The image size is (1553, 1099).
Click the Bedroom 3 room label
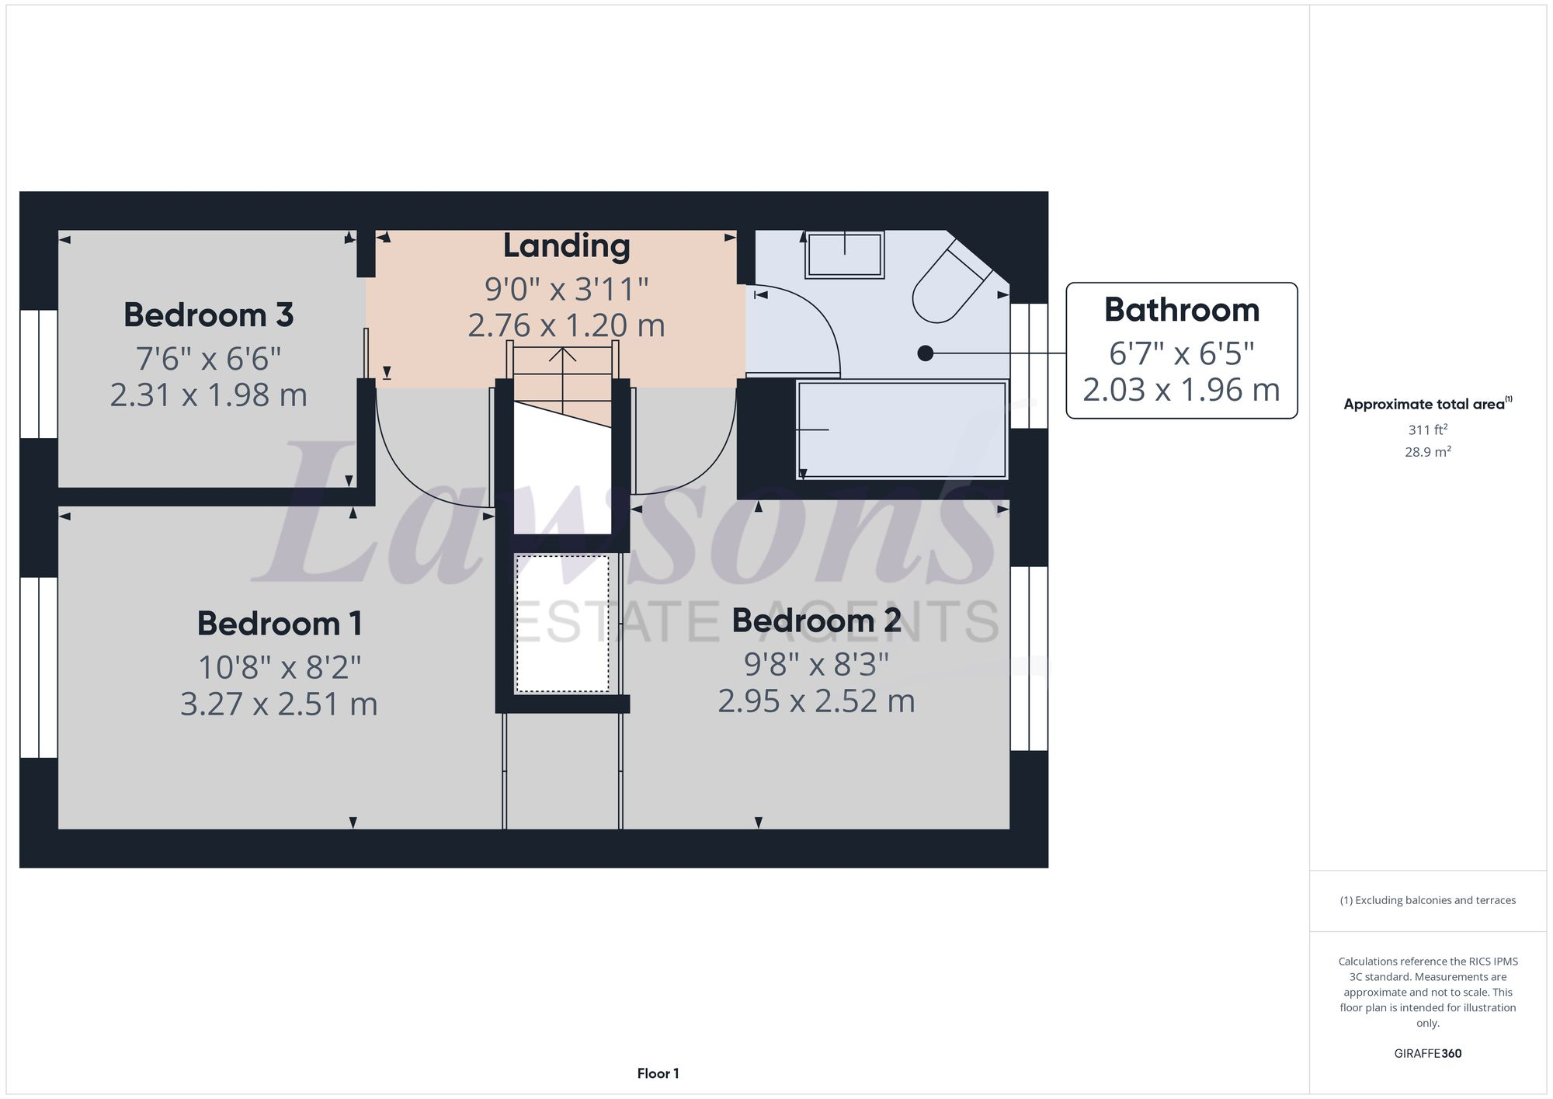click(x=208, y=315)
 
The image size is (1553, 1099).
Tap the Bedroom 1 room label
click(x=279, y=624)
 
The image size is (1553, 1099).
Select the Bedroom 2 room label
click(x=816, y=621)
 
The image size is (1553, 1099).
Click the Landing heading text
click(x=566, y=246)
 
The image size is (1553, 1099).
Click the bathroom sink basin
click(x=845, y=254)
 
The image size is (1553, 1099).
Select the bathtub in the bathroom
click(x=902, y=429)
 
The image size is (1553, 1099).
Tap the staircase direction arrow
click(x=562, y=356)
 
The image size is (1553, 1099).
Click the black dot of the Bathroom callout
click(x=925, y=353)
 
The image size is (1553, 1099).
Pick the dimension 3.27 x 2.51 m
click(x=279, y=704)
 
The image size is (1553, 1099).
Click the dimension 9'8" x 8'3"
click(x=816, y=665)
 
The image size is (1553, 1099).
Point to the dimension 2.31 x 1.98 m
click(x=208, y=395)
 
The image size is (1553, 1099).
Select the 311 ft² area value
click(x=1427, y=430)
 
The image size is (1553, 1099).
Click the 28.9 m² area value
click(x=1427, y=452)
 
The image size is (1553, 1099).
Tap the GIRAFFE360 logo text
click(x=1427, y=1054)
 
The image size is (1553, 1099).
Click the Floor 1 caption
click(x=658, y=1074)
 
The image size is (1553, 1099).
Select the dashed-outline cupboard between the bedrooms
click(x=562, y=623)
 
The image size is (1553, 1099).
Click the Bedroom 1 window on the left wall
click(x=38, y=667)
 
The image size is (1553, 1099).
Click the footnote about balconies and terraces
click(x=1427, y=901)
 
